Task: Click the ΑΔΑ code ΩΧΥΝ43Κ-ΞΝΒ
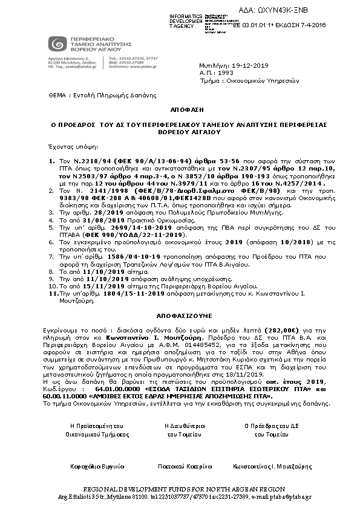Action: pyautogui.click(x=321, y=9)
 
